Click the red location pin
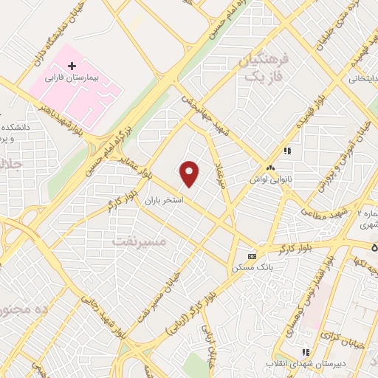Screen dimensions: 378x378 (x=190, y=173)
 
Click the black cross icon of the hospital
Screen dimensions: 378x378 (x=71, y=66)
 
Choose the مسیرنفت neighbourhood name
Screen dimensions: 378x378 (x=140, y=241)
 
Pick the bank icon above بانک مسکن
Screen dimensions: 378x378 (x=252, y=255)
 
